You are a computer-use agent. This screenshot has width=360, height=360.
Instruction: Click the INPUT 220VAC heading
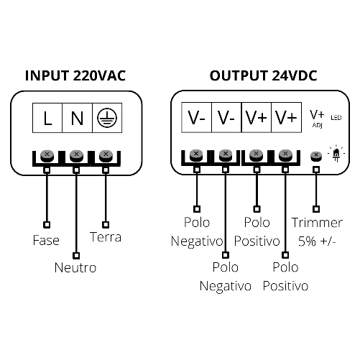[x=75, y=76]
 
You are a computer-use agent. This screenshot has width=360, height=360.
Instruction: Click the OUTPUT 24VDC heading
[x=263, y=76]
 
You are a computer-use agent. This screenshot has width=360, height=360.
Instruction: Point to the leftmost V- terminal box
[x=198, y=118]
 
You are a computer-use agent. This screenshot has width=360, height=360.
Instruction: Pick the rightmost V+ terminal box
[x=285, y=118]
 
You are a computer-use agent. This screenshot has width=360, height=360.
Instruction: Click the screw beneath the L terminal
[x=47, y=154]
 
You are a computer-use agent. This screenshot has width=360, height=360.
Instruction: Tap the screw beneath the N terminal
[x=76, y=154]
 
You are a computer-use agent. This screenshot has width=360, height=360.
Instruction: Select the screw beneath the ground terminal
[x=106, y=154]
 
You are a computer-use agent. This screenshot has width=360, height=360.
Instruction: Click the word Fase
[x=46, y=239]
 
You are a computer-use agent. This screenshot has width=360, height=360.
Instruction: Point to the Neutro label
[x=75, y=267]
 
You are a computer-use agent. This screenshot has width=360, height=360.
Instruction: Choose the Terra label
[x=106, y=236]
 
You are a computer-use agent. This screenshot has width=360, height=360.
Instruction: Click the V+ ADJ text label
[x=317, y=118]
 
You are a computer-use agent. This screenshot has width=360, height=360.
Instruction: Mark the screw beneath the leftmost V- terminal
[x=196, y=154]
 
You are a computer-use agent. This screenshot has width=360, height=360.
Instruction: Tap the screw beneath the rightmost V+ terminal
[x=285, y=154]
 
